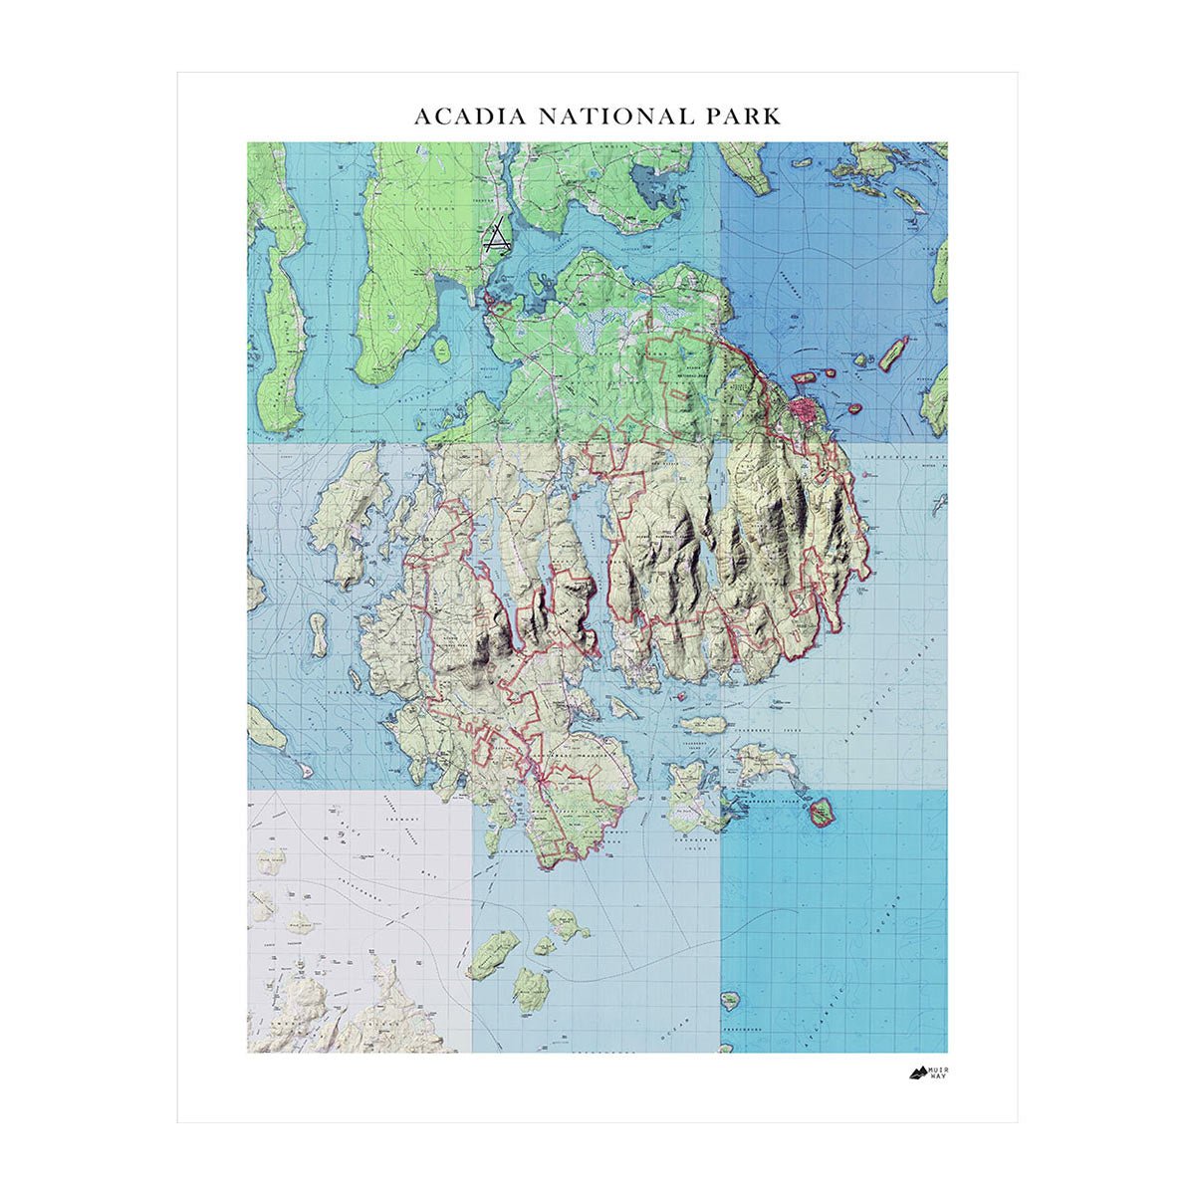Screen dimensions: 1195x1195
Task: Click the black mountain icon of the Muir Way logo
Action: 919,1073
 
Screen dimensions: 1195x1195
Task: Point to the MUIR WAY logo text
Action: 938,1073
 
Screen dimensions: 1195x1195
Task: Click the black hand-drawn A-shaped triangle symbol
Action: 496,237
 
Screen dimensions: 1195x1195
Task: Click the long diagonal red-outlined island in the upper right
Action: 893,353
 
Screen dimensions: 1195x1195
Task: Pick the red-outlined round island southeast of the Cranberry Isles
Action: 822,814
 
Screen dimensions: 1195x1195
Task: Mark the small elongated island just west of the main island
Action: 319,635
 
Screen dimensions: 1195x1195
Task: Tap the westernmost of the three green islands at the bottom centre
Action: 494,954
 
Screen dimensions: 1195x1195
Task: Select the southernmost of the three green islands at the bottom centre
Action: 532,990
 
